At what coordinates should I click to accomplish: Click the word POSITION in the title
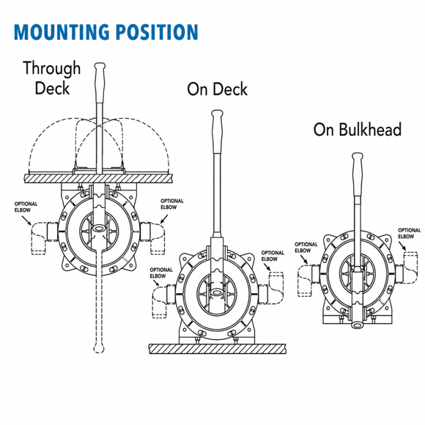click(158, 32)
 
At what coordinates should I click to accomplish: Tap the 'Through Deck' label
click(52, 78)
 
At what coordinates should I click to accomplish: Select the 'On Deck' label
click(217, 89)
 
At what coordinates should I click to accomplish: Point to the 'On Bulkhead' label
click(358, 129)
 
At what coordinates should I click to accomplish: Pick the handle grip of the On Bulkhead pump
click(358, 174)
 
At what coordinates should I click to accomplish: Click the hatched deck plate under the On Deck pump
click(217, 349)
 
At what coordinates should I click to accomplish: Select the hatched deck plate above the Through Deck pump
click(98, 178)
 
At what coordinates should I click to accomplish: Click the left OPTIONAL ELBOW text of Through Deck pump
click(26, 207)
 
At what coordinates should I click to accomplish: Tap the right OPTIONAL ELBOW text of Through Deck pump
click(172, 204)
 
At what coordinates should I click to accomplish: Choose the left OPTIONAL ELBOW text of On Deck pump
click(161, 273)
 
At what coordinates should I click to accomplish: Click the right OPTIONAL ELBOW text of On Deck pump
click(273, 256)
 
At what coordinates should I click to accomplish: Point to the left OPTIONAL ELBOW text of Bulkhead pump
click(306, 247)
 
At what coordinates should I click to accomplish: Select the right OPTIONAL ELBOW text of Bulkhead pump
click(410, 233)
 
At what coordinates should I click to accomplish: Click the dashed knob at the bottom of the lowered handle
click(98, 348)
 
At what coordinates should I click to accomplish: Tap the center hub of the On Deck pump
click(217, 292)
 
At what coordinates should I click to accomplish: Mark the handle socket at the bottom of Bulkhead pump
click(358, 325)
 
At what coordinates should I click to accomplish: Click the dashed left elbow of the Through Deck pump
click(39, 237)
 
